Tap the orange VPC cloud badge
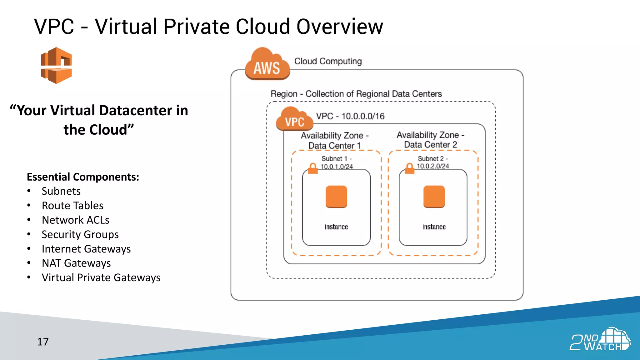pyautogui.click(x=294, y=119)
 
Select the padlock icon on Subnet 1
pyautogui.click(x=313, y=168)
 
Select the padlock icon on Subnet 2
pyautogui.click(x=409, y=168)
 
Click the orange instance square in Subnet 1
pyautogui.click(x=336, y=197)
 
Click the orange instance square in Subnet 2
pyautogui.click(x=434, y=197)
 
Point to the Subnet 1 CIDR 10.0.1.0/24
pyautogui.click(x=337, y=167)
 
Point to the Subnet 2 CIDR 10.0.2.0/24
pyautogui.click(x=433, y=166)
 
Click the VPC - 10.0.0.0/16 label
pyautogui.click(x=350, y=116)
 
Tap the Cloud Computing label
pyautogui.click(x=328, y=61)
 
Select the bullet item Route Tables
pyautogui.click(x=72, y=206)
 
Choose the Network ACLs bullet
pyautogui.click(x=76, y=220)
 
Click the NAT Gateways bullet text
pyautogui.click(x=76, y=263)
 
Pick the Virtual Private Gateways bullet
pyautogui.click(x=101, y=277)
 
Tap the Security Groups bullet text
pyautogui.click(x=80, y=234)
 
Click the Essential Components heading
pyautogui.click(x=83, y=177)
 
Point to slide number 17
pyautogui.click(x=43, y=342)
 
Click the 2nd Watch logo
pyautogui.click(x=600, y=340)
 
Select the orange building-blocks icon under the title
pyautogui.click(x=56, y=65)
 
